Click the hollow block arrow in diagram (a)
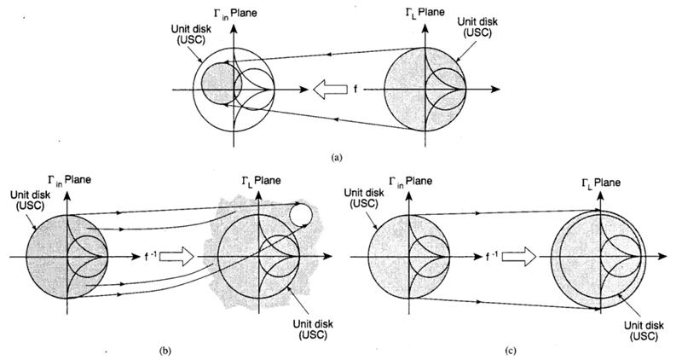328,88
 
